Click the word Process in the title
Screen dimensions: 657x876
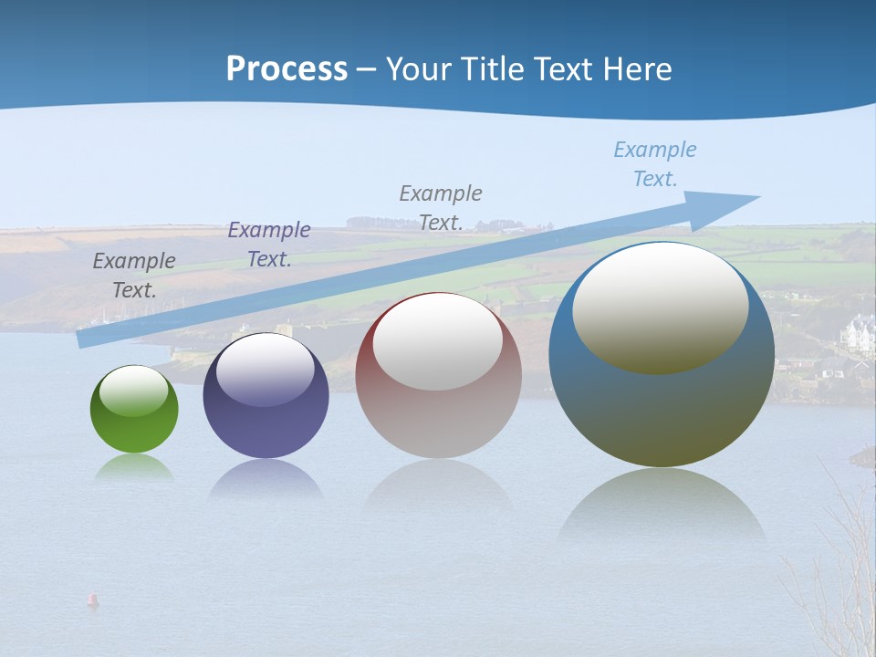[287, 69]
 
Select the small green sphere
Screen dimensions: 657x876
[134, 410]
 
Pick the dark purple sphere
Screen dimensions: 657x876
[266, 396]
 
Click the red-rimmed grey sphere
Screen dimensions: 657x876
[438, 376]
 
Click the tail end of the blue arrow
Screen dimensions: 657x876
[83, 339]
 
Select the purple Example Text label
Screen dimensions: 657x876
[269, 245]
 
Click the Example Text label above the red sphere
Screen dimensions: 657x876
[441, 208]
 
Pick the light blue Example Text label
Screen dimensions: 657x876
[655, 164]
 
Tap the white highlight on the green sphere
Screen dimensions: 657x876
[134, 391]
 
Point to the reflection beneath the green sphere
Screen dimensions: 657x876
[134, 468]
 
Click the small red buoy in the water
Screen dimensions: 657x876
[92, 600]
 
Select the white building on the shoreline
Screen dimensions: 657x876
[857, 334]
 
